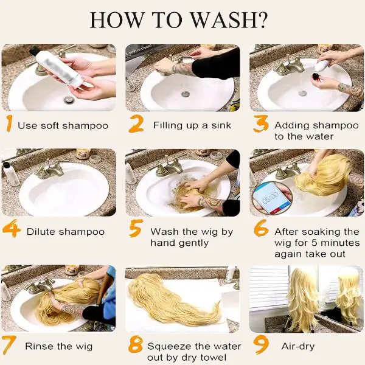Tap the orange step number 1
pos(9,123)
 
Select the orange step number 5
pos(135,228)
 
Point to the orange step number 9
pos(261,345)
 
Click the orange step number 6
pos(261,228)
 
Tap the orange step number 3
pos(260,123)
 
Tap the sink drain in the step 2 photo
pos(186,94)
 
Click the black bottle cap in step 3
pos(316,76)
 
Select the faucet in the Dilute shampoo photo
pos(50,170)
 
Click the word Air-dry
pos(298,346)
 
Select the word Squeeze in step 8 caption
pos(169,346)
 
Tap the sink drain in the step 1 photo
pos(69,100)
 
